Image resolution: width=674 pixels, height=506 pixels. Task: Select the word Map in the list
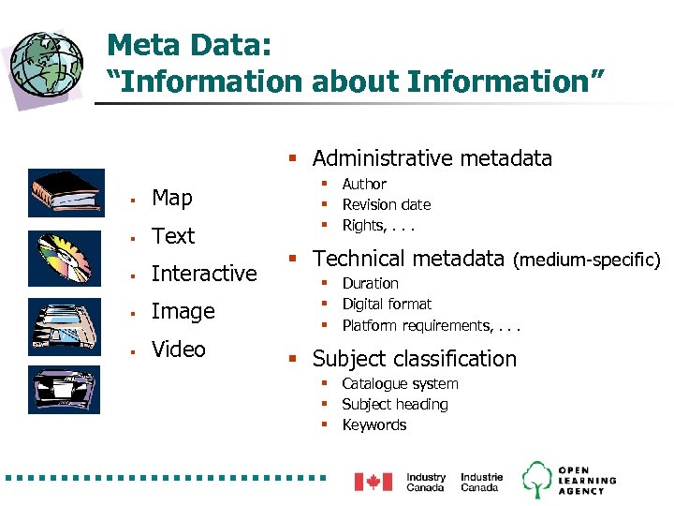pyautogui.click(x=171, y=198)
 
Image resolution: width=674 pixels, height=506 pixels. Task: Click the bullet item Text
pyautogui.click(x=173, y=236)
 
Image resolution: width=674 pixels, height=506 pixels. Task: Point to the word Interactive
pyautogui.click(x=203, y=274)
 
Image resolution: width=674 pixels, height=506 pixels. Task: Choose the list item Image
pyautogui.click(x=183, y=311)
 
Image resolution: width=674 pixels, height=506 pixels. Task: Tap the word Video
pyautogui.click(x=178, y=350)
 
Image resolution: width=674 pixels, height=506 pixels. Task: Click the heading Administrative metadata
pyautogui.click(x=432, y=158)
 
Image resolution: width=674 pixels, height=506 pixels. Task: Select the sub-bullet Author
pyautogui.click(x=364, y=185)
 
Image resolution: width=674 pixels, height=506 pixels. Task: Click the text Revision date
pyautogui.click(x=387, y=205)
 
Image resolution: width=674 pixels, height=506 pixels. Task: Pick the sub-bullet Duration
pyautogui.click(x=370, y=283)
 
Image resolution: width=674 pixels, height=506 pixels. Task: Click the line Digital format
pyautogui.click(x=387, y=305)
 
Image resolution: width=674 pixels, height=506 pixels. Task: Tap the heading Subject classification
pyautogui.click(x=414, y=359)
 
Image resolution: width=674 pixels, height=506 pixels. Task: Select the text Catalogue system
pyautogui.click(x=400, y=384)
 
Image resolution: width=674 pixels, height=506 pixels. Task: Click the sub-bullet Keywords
pyautogui.click(x=374, y=425)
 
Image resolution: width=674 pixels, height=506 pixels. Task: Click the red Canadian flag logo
pyautogui.click(x=373, y=482)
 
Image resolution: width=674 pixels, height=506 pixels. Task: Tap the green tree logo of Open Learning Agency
pyautogui.click(x=536, y=480)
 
